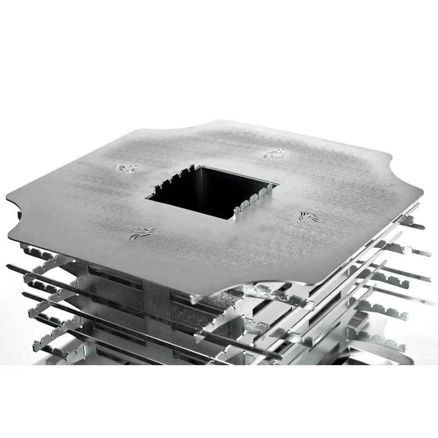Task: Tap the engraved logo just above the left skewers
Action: coord(141,234)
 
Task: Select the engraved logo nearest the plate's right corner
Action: coord(312,217)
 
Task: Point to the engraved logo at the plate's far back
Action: coord(273,154)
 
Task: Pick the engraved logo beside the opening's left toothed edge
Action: coord(125,168)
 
